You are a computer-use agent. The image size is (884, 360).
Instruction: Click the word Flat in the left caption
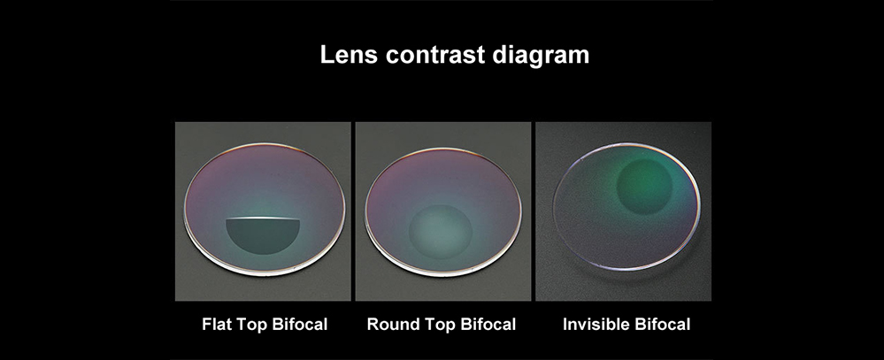(217, 325)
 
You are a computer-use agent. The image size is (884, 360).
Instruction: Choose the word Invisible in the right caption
(596, 325)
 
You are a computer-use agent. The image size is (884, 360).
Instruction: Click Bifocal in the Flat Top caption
(299, 325)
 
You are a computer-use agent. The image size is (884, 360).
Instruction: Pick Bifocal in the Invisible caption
(663, 325)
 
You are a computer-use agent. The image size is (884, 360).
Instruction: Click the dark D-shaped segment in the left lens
(263, 232)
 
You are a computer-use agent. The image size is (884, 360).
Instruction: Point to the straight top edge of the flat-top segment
(263, 218)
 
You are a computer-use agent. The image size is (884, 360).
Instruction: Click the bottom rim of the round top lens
(442, 270)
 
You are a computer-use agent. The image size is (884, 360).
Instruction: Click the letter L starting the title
(327, 55)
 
